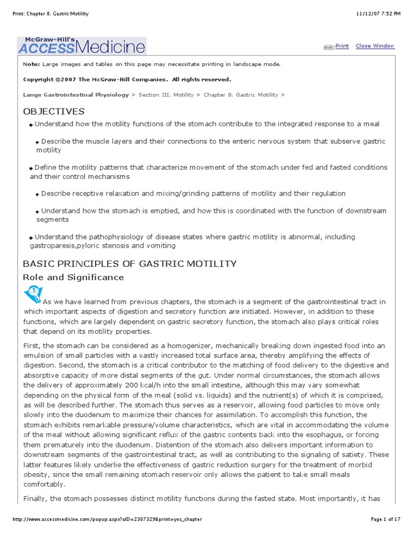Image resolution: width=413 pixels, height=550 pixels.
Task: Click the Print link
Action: [342, 46]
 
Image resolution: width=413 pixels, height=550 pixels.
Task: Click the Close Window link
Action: [375, 46]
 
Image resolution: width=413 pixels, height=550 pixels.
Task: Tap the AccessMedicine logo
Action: [82, 45]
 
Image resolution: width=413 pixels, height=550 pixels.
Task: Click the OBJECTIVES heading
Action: [54, 111]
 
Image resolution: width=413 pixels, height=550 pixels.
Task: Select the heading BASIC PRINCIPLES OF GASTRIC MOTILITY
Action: [130, 263]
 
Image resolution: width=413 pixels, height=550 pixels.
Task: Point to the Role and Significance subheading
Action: [73, 277]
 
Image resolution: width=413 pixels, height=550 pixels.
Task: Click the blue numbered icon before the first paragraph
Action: [32, 294]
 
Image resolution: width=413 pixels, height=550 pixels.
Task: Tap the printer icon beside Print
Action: [329, 47]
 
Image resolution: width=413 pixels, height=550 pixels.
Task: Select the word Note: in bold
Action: [31, 64]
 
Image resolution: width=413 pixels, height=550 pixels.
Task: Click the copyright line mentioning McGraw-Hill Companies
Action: [127, 79]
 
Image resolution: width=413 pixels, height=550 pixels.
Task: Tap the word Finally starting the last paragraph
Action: [35, 498]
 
